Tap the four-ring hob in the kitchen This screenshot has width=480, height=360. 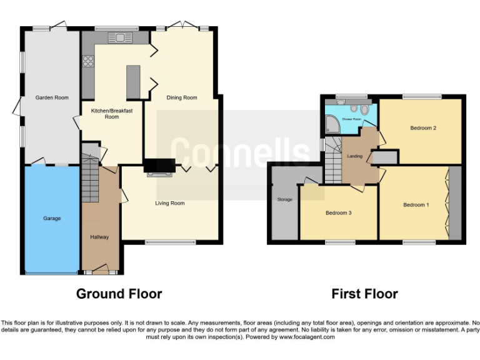tap(87, 61)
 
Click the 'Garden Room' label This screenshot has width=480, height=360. tap(51, 97)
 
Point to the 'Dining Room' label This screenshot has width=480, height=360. tap(181, 97)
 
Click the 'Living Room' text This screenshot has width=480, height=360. tap(169, 203)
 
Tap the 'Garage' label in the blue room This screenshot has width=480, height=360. tap(52, 218)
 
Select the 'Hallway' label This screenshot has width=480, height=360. tap(99, 237)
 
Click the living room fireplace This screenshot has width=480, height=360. tap(159, 167)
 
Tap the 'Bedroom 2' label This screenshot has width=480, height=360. tap(423, 128)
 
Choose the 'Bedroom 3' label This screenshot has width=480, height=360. tap(338, 213)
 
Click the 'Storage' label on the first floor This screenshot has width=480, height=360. tap(284, 199)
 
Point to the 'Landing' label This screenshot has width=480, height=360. tap(355, 156)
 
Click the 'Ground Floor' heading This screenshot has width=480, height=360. tap(119, 294)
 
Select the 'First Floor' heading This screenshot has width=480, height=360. tap(364, 294)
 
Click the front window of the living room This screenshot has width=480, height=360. tap(169, 242)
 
